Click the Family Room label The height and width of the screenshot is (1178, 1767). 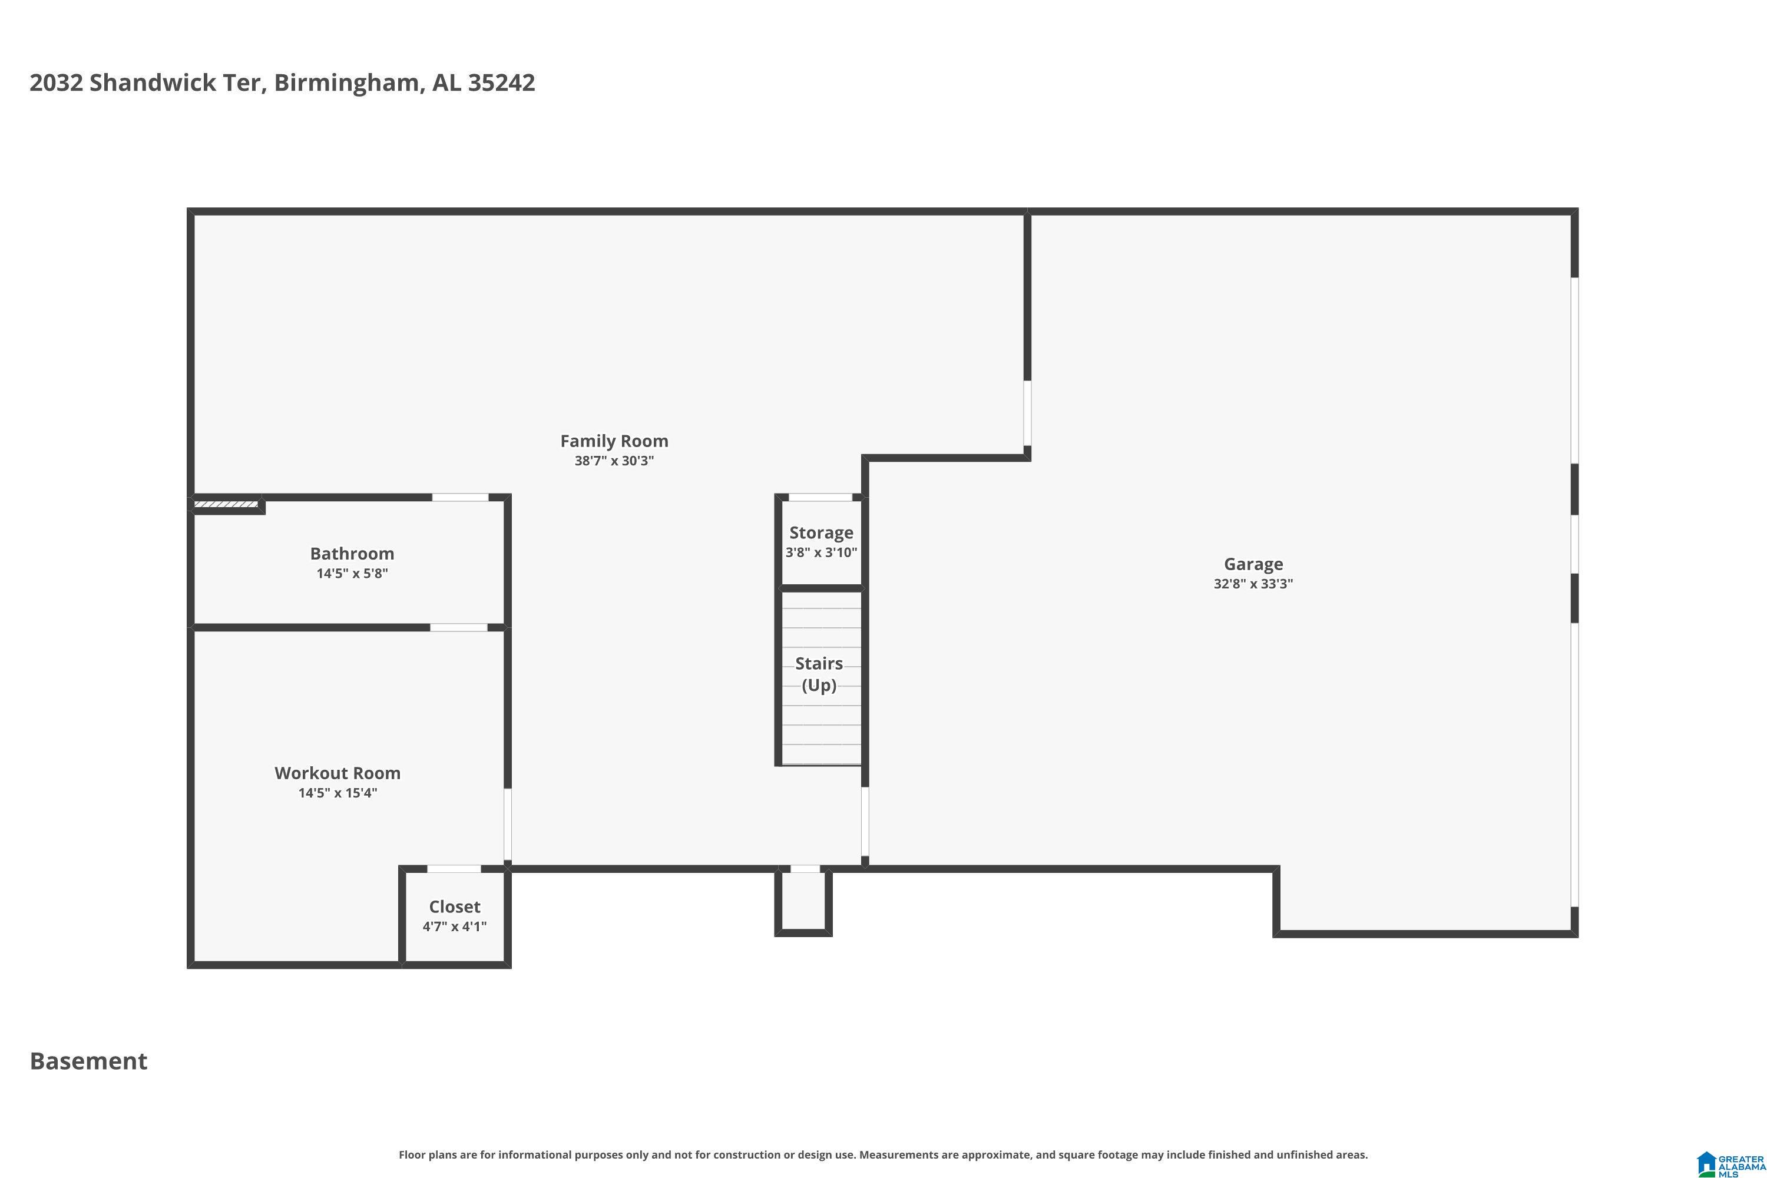coord(614,441)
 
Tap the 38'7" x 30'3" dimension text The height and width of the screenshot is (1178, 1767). coord(614,461)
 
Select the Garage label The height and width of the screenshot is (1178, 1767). coord(1253,564)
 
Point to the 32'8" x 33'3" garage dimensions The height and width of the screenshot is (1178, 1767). coord(1253,584)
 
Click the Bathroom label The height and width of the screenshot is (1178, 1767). coord(352,554)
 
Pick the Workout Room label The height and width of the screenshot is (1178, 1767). coord(337,773)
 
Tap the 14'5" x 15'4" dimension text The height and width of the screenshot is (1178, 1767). coord(337,793)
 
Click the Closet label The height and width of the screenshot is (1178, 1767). coord(455,907)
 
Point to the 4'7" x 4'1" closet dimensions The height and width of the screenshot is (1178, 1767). coord(455,926)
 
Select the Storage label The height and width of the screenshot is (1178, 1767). coord(821,532)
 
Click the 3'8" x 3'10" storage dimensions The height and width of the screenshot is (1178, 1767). coord(821,552)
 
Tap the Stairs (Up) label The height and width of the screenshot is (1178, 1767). coord(819,674)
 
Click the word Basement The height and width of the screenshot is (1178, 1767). coord(89,1061)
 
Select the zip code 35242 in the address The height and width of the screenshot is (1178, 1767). coord(501,82)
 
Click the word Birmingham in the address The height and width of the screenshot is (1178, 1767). coord(346,82)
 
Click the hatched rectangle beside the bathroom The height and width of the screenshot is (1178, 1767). coord(226,504)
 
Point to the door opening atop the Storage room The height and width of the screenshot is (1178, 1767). coord(820,497)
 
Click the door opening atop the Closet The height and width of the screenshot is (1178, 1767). coord(454,869)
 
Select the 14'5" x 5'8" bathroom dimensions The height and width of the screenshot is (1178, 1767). coord(352,573)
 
